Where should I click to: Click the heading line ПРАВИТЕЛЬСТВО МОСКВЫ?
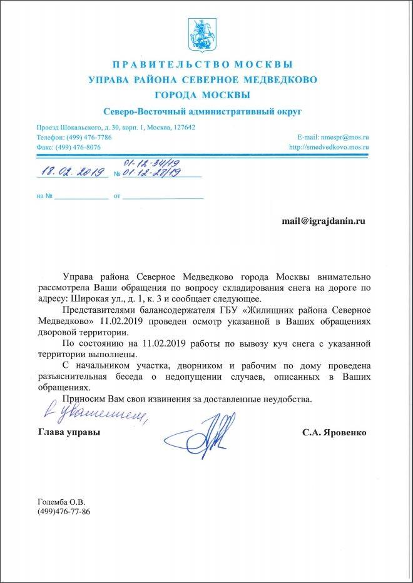point(202,64)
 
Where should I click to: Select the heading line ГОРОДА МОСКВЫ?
point(202,95)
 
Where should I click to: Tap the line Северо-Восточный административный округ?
point(202,111)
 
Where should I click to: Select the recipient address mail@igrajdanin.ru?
point(323,221)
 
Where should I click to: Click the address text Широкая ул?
point(115,300)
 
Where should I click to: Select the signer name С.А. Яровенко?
point(334,432)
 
